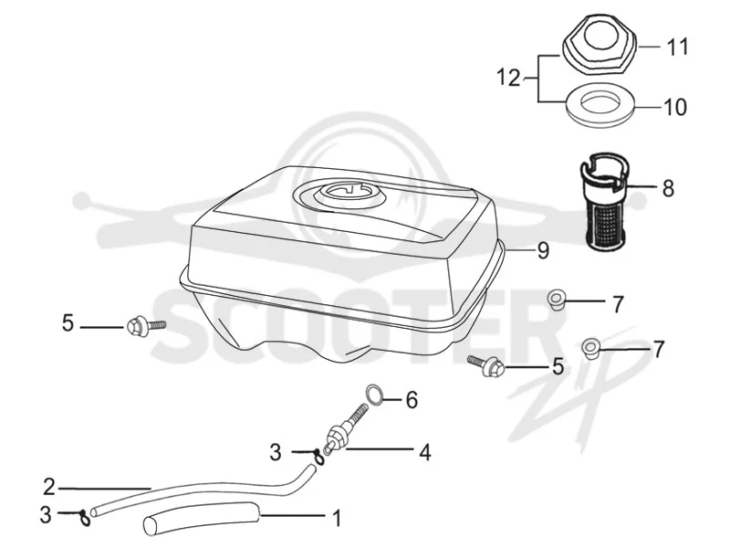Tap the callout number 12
[508, 78]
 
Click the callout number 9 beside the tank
[542, 250]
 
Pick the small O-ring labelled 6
[375, 394]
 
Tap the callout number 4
[424, 452]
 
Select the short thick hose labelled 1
[201, 519]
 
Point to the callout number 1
[336, 518]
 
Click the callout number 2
[49, 487]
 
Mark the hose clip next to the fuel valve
[318, 455]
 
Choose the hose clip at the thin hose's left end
[84, 517]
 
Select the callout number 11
[677, 47]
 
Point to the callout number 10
[674, 107]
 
